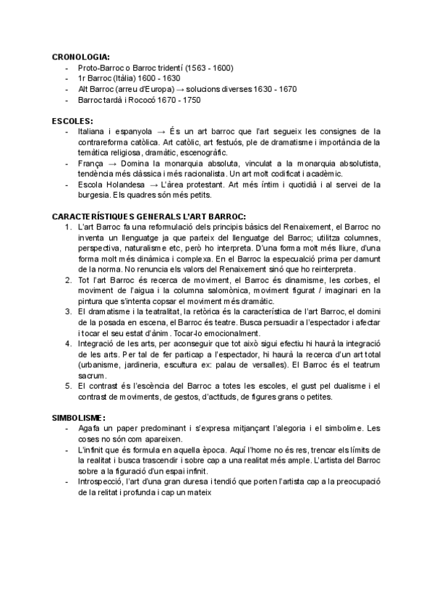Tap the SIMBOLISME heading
[79, 418]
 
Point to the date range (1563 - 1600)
[208, 68]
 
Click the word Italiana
[93, 132]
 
